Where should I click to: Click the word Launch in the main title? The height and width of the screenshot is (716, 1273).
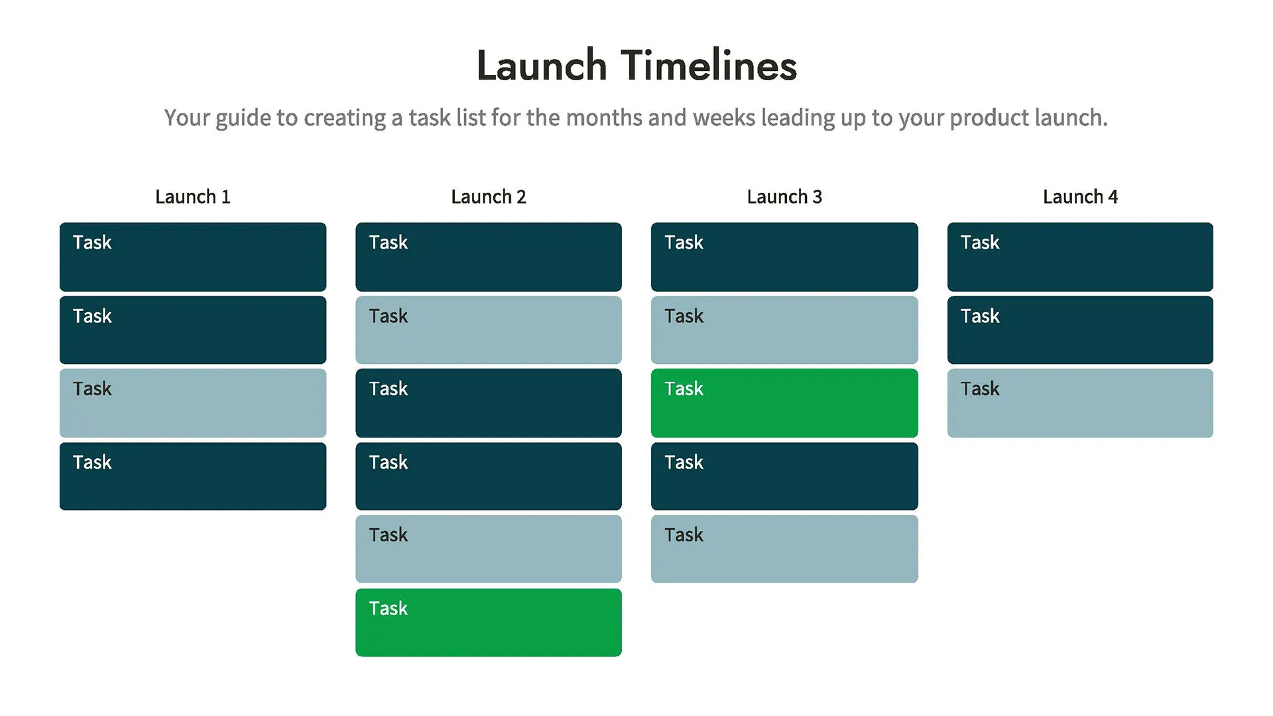click(542, 66)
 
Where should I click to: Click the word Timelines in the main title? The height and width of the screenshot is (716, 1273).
click(709, 66)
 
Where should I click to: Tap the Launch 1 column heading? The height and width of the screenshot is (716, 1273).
click(192, 197)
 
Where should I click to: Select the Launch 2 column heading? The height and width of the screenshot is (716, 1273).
click(489, 197)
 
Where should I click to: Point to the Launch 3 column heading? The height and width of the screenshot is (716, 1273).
click(784, 197)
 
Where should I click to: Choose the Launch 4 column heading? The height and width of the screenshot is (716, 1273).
click(1080, 197)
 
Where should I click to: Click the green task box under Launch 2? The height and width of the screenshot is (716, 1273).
click(489, 623)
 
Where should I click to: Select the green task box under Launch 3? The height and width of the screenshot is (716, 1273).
click(784, 403)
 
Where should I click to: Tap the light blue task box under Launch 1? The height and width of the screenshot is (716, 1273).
click(192, 403)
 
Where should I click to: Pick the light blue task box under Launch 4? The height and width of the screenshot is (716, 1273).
click(1080, 403)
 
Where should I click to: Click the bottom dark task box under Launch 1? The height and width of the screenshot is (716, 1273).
click(192, 476)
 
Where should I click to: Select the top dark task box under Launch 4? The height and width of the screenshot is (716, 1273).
click(1080, 257)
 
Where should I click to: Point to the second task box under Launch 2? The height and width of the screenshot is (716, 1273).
click(489, 330)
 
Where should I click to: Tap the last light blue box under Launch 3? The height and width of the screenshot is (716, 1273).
click(784, 549)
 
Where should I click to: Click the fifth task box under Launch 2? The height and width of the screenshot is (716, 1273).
click(489, 549)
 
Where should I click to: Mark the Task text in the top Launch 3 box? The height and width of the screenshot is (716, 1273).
click(684, 243)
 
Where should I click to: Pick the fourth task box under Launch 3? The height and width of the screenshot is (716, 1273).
click(784, 476)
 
